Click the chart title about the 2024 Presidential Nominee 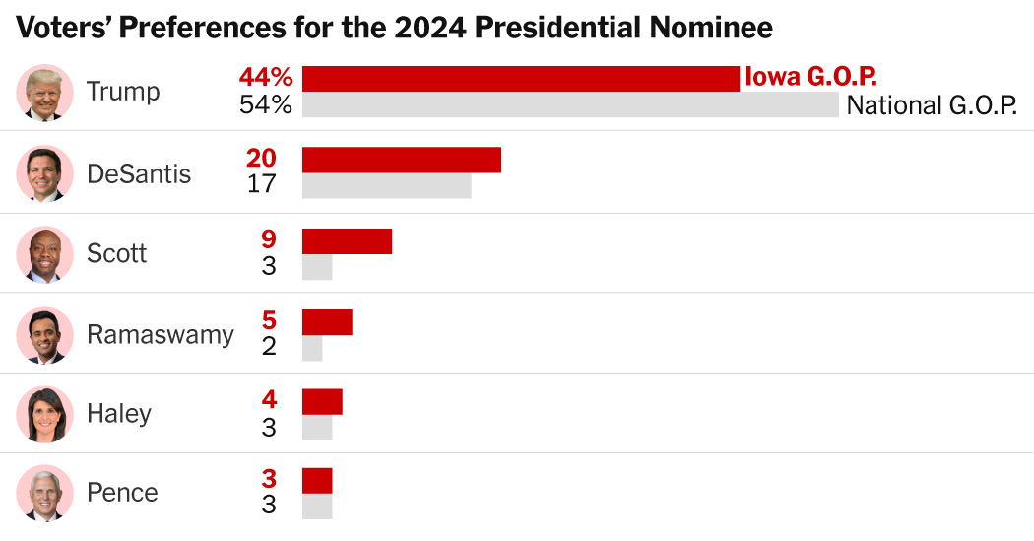(394, 27)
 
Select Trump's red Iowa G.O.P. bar (520, 78)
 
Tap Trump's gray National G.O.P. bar (570, 105)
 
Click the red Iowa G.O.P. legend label (810, 77)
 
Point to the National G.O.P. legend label (932, 105)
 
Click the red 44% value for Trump (265, 78)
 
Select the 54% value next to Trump (265, 105)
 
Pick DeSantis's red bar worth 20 (401, 160)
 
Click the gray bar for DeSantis (386, 185)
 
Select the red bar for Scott (347, 241)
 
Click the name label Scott (116, 253)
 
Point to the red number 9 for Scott (269, 239)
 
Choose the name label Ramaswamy (161, 334)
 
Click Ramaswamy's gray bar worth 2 (312, 348)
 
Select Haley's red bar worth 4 (322, 401)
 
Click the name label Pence (122, 492)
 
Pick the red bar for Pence (317, 480)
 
